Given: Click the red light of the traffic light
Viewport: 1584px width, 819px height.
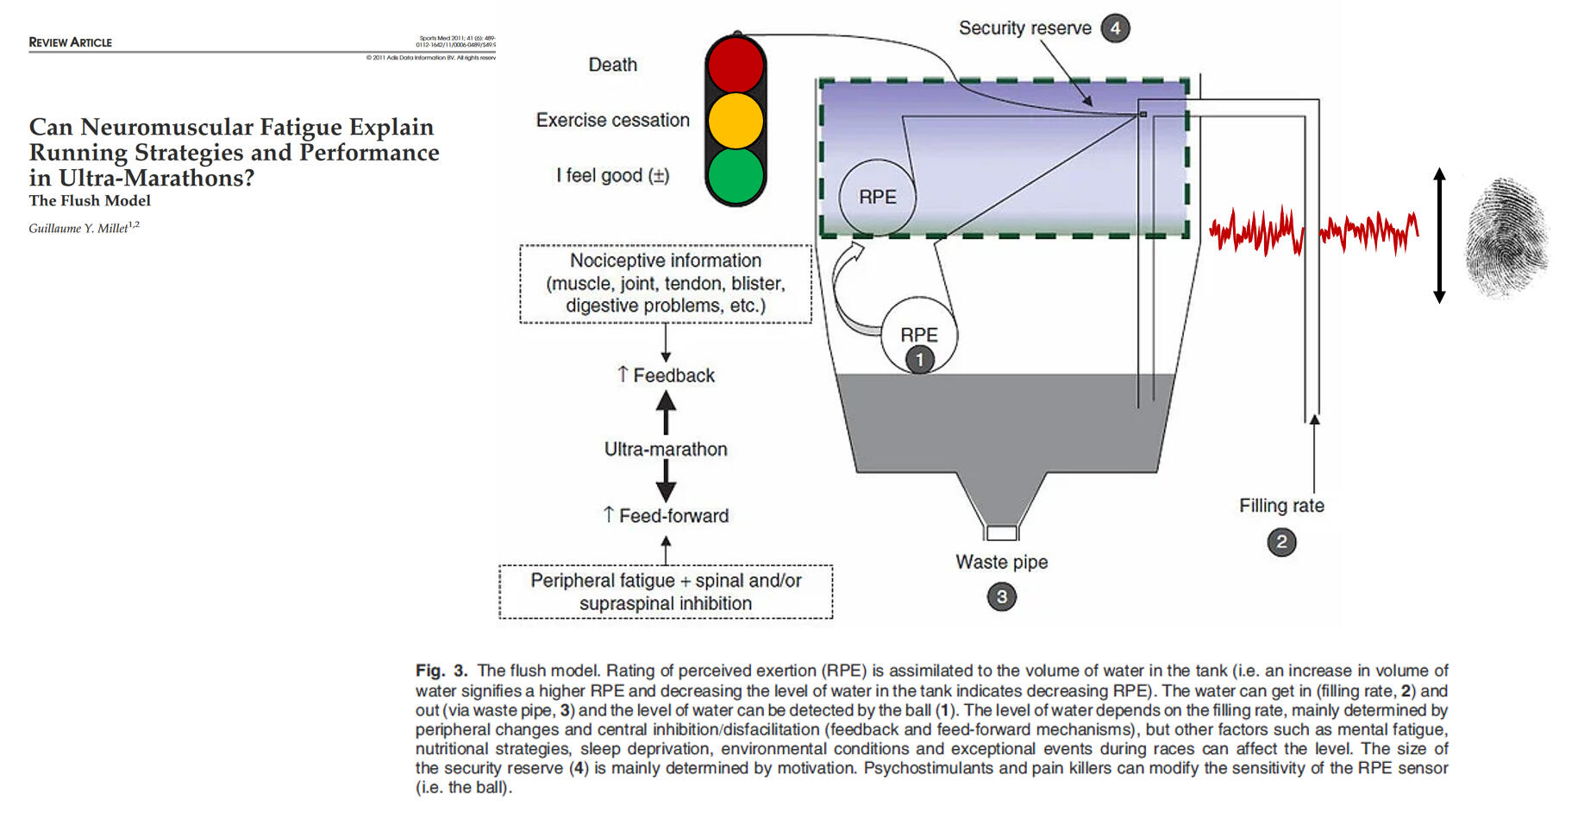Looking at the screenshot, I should point(736,66).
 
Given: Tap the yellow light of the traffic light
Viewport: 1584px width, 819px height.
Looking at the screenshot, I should point(736,120).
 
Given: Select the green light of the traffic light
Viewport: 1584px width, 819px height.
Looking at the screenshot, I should point(736,175).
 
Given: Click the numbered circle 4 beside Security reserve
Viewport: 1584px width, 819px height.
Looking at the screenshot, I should point(1115,28).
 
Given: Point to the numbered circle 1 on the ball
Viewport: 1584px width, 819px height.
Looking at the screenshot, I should point(919,359).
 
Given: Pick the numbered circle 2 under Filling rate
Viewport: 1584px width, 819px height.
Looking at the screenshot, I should point(1281,542).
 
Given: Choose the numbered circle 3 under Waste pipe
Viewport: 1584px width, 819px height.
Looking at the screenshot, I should point(1001,596).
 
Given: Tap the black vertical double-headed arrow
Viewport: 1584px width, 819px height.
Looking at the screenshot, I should point(1438,235).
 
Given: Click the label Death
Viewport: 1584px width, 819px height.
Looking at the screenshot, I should point(612,65).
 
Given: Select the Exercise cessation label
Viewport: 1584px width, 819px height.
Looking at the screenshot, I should point(612,120).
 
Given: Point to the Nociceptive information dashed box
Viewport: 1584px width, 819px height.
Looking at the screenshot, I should point(665,283).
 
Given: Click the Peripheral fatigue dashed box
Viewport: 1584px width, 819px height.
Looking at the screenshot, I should point(665,592).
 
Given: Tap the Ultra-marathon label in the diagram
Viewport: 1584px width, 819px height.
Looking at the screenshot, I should point(665,449).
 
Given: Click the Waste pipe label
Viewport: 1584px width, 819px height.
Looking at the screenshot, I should point(1001,562).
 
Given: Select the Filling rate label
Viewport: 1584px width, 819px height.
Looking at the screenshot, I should point(1281,506).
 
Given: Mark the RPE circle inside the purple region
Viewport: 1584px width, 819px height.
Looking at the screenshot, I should point(877,198).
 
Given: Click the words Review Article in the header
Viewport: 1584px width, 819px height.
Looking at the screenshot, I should point(70,42).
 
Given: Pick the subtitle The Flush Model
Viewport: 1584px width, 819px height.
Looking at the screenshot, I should point(90,200).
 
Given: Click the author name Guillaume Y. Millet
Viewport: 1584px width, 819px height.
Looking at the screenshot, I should point(79,229).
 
